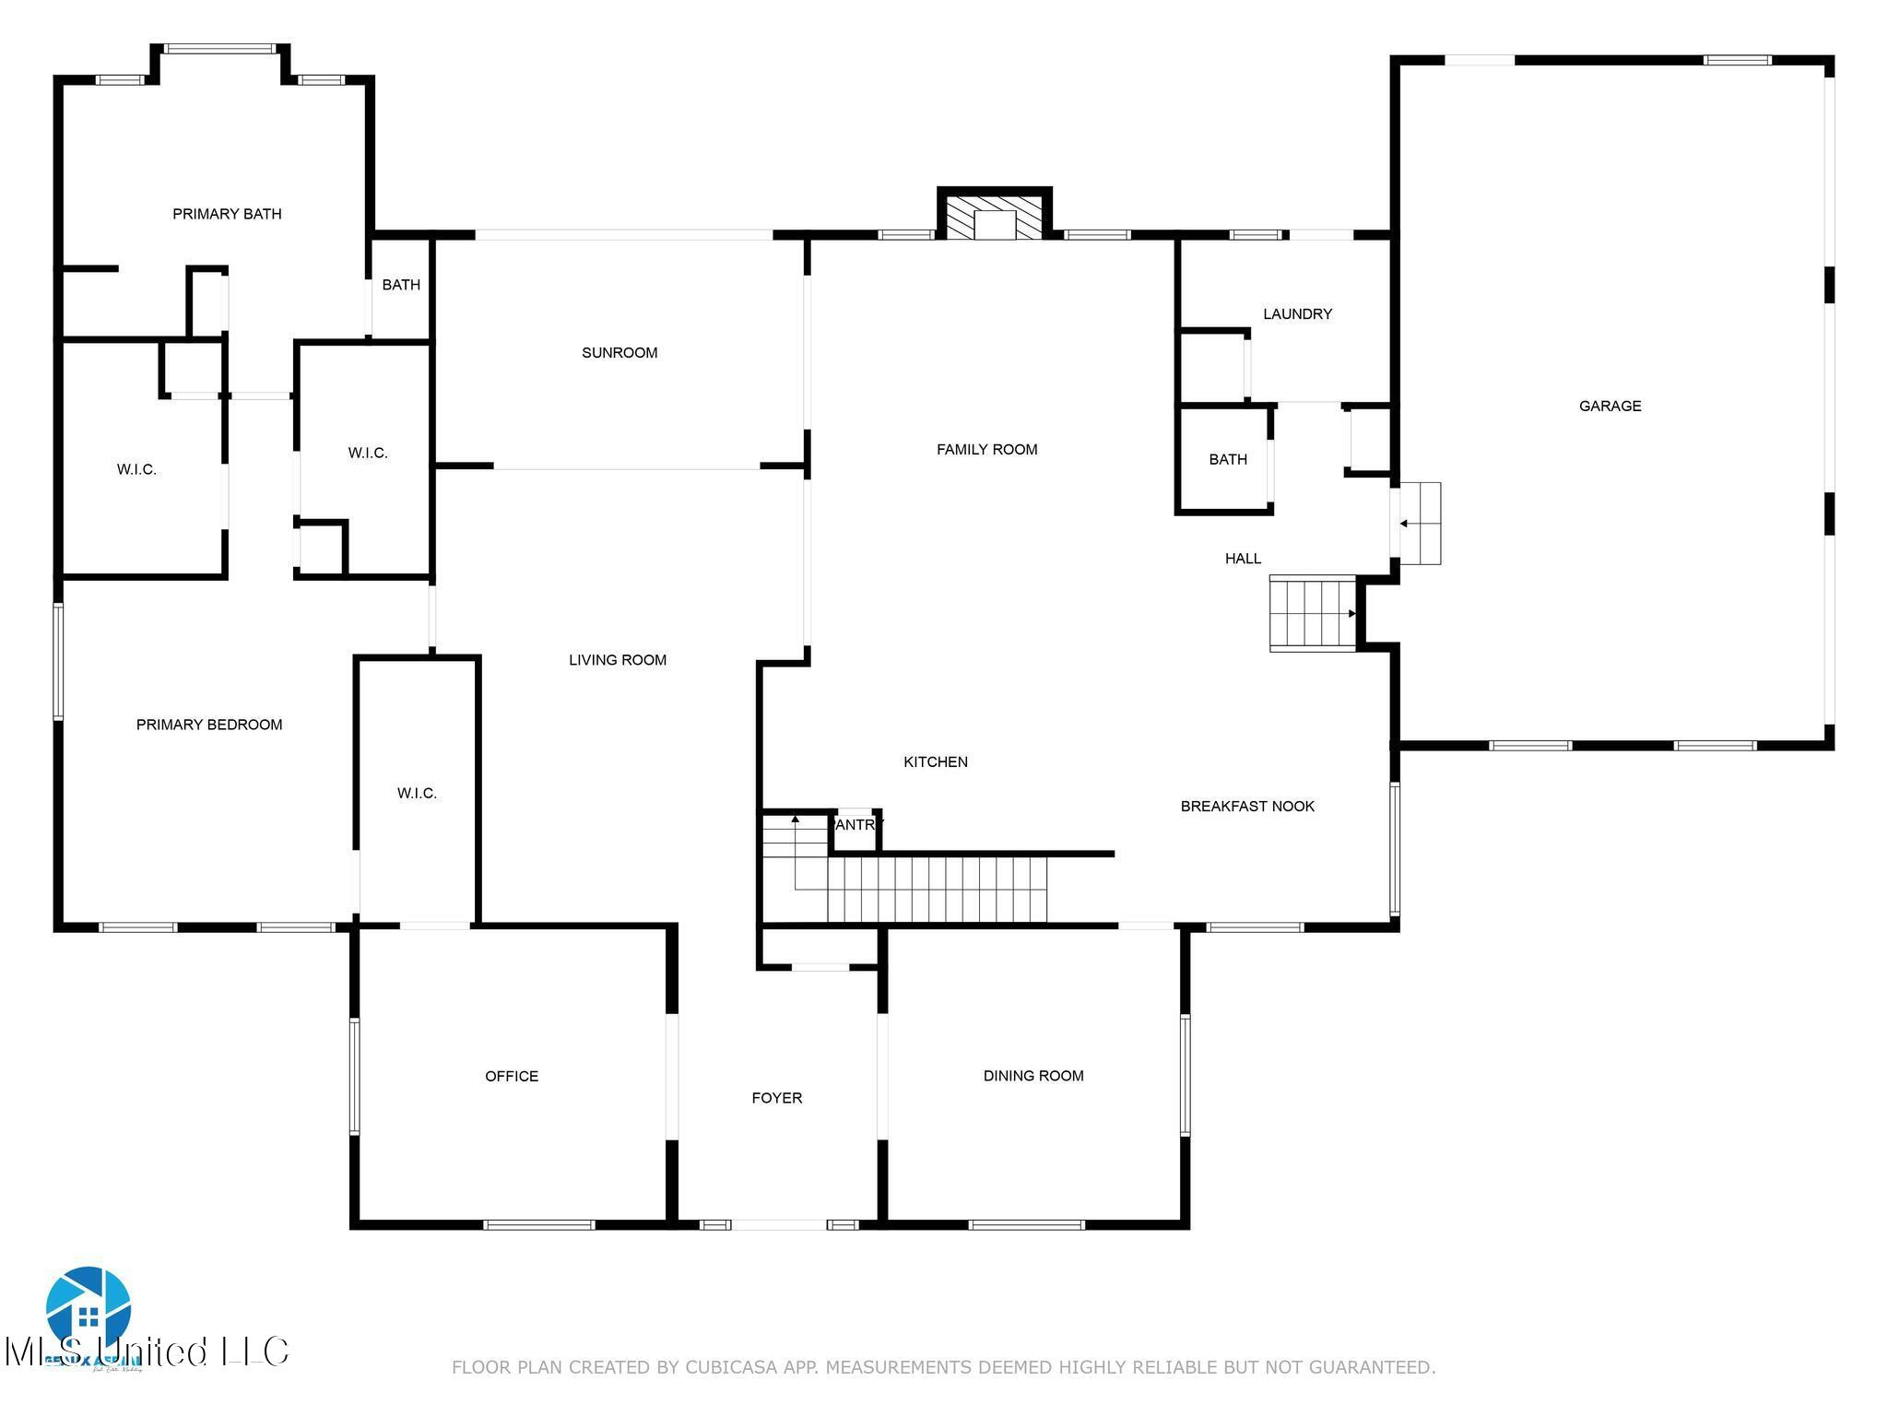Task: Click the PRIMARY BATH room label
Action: pyautogui.click(x=227, y=214)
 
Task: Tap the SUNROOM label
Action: pyautogui.click(x=619, y=352)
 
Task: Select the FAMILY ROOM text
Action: pyautogui.click(x=986, y=449)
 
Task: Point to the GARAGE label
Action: pyautogui.click(x=1610, y=406)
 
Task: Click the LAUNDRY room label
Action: pyautogui.click(x=1297, y=313)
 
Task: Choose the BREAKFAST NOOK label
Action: pyautogui.click(x=1247, y=806)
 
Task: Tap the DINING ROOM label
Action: pyautogui.click(x=1033, y=1075)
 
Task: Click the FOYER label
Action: pyautogui.click(x=776, y=1097)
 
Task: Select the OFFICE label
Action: pyautogui.click(x=512, y=1076)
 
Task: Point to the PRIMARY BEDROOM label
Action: pyautogui.click(x=209, y=725)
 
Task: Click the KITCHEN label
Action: pyautogui.click(x=935, y=761)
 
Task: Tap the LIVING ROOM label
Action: pyautogui.click(x=617, y=660)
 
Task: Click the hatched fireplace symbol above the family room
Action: pyautogui.click(x=995, y=218)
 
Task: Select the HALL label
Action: pyautogui.click(x=1243, y=558)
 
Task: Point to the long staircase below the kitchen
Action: pyautogui.click(x=936, y=889)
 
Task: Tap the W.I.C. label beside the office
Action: pyautogui.click(x=417, y=793)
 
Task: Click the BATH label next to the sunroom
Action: pyautogui.click(x=401, y=285)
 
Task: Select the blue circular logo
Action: pyautogui.click(x=88, y=1307)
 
